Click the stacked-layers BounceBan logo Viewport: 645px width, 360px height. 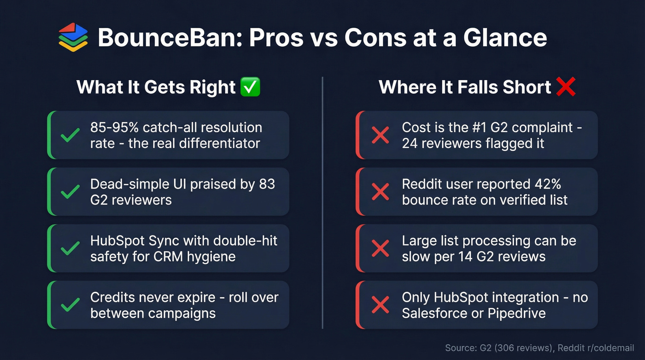point(73,37)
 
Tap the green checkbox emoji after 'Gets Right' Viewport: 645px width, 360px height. point(250,87)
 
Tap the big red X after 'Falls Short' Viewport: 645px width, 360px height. point(566,87)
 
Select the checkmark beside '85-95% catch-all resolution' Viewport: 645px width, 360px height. point(70,135)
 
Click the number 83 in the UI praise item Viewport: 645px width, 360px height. point(267,184)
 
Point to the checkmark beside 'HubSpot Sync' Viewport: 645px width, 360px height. point(70,248)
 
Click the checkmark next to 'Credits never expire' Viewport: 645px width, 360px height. point(70,305)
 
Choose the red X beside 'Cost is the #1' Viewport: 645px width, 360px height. point(380,135)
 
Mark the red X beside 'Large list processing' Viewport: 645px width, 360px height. point(380,248)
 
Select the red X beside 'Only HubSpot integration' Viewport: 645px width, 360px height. point(380,305)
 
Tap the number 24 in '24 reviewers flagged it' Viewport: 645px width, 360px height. point(410,143)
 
